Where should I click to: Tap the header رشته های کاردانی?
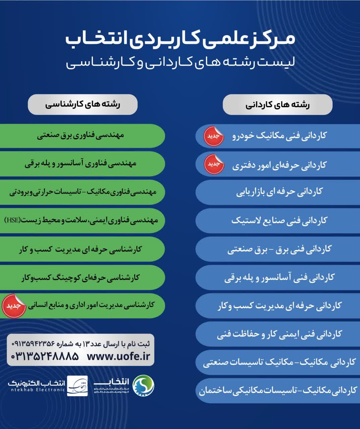coord(278,105)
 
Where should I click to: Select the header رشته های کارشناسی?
coord(82,104)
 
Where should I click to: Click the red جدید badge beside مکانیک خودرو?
coord(214,136)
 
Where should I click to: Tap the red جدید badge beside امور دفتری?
coord(214,164)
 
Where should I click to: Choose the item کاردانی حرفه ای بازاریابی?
coord(279,192)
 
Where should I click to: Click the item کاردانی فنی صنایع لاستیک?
coord(279,221)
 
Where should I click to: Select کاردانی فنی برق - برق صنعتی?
coord(279,249)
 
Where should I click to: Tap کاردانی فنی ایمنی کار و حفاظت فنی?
coord(279,334)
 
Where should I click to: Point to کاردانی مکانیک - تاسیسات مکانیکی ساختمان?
coord(278,391)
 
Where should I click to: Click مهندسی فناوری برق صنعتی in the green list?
coord(80,135)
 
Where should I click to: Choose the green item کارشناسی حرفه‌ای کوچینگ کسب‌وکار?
coord(80,278)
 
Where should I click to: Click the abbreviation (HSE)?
coord(13,220)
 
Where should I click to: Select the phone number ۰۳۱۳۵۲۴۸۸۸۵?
coord(45,356)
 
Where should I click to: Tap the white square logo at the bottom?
coord(77,386)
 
